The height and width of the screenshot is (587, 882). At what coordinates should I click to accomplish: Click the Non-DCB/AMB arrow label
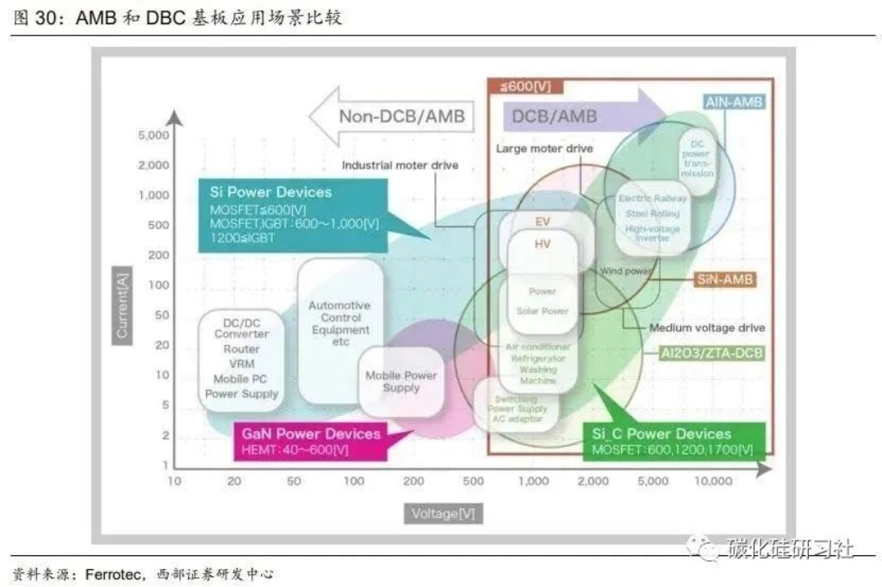[x=401, y=117]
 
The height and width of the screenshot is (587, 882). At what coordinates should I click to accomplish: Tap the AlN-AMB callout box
[x=734, y=102]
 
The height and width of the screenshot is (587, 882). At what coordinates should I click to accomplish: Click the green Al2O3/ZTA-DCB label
[x=711, y=353]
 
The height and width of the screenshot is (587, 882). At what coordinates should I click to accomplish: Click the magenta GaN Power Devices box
[x=310, y=440]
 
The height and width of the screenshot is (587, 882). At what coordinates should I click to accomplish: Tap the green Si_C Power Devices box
[x=668, y=441]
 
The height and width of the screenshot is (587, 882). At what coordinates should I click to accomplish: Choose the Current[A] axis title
[x=121, y=302]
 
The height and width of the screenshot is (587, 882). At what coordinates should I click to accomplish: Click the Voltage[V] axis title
[x=442, y=513]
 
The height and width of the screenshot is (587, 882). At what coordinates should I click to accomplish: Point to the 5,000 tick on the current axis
[x=153, y=135]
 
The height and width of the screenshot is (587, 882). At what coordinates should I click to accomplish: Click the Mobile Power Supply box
[x=401, y=382]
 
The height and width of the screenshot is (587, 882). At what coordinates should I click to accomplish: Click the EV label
[x=543, y=221]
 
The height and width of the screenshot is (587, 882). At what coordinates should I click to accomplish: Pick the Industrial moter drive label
[x=400, y=165]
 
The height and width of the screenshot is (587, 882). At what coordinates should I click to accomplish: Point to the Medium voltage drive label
[x=707, y=328]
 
